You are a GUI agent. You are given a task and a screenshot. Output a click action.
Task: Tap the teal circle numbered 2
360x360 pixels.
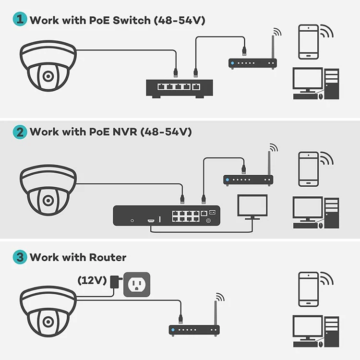coord(20,132)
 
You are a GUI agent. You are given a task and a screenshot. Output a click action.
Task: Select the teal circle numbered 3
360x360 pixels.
coord(20,257)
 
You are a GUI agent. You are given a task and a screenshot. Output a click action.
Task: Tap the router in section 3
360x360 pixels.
coord(194,330)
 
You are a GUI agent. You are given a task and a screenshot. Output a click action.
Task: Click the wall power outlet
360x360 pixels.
coord(137,285)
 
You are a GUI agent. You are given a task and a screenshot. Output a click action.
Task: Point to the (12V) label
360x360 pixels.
coord(92,280)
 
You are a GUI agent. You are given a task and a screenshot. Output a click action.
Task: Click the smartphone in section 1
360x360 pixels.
coord(309,42)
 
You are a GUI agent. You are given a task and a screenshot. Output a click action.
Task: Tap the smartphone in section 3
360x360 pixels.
coord(309,289)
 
